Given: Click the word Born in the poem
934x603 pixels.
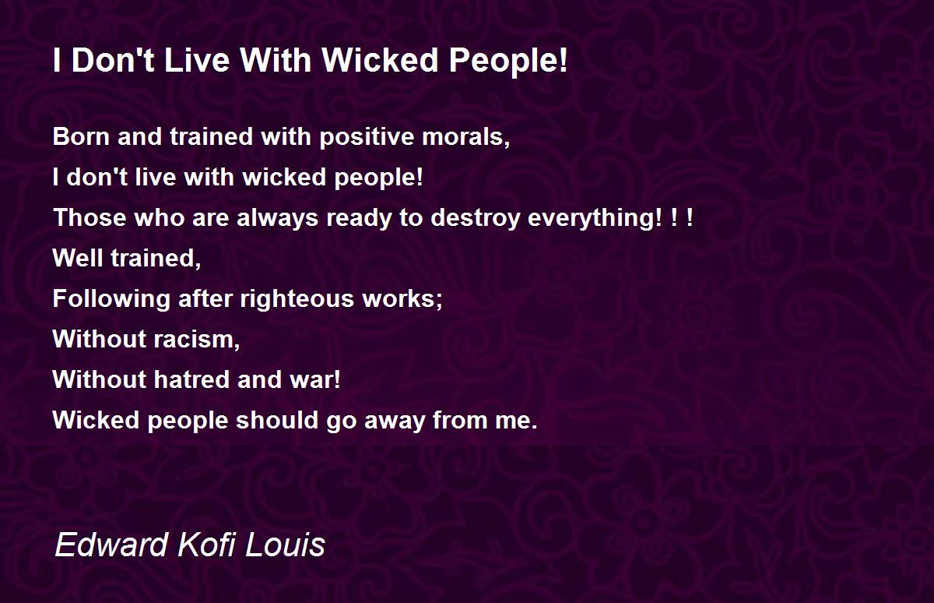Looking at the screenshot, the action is pyautogui.click(x=81, y=136).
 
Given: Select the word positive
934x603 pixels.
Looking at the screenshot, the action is pyautogui.click(x=366, y=137).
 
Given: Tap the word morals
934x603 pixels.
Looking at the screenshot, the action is pyautogui.click(x=465, y=137).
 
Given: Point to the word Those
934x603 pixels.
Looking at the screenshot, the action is pyautogui.click(x=90, y=217).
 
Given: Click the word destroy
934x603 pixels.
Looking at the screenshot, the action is pyautogui.click(x=476, y=219).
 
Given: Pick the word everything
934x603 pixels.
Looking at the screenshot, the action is pyautogui.click(x=595, y=219).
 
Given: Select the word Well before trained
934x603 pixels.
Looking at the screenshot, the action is pyautogui.click(x=78, y=258).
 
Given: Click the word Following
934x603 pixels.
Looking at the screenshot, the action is pyautogui.click(x=111, y=300).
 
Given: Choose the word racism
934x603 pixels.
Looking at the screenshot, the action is pyautogui.click(x=196, y=339).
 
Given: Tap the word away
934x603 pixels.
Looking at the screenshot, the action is pyautogui.click(x=395, y=421).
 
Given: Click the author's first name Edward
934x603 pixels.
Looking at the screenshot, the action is pyautogui.click(x=111, y=545).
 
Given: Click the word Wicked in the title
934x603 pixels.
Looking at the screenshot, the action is pyautogui.click(x=381, y=60).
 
